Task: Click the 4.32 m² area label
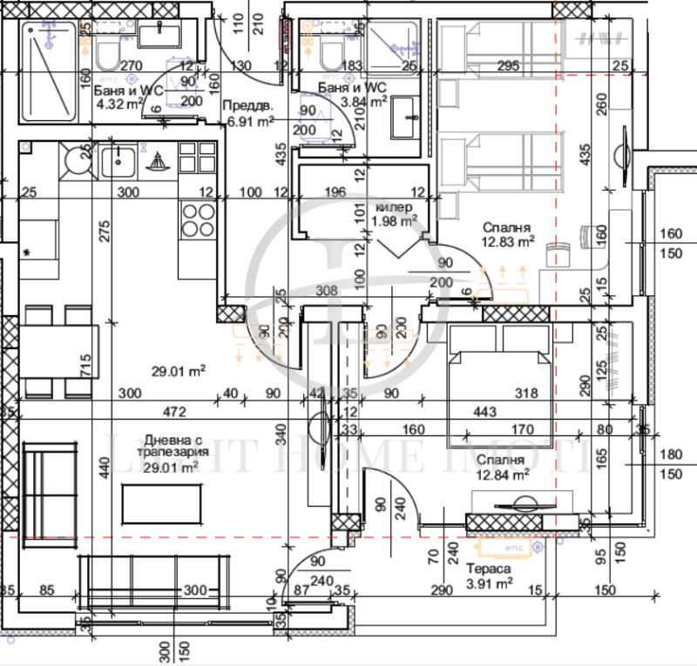point(119,103)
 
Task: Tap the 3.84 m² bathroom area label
point(365,101)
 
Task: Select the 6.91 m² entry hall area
point(251,123)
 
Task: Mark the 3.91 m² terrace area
point(488,583)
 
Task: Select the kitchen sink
point(118,161)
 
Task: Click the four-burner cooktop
point(197,218)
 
